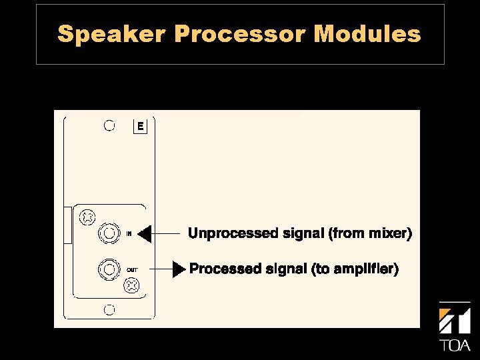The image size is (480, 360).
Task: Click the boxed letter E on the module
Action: pos(140,126)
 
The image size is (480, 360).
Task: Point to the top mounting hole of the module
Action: pos(110,125)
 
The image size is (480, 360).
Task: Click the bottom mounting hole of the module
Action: pos(110,310)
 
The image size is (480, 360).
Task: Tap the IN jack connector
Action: pos(108,233)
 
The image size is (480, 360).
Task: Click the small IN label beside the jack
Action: pos(129,233)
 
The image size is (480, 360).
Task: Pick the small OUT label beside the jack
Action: pos(132,269)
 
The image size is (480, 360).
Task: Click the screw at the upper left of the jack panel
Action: pos(87,217)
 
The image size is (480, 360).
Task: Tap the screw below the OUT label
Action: pos(133,286)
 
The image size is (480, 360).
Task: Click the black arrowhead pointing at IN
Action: pos(145,233)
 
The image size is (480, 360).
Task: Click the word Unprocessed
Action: pos(233,234)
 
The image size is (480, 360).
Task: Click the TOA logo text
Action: pos(455,345)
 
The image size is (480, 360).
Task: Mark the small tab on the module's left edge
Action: pos(67,225)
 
